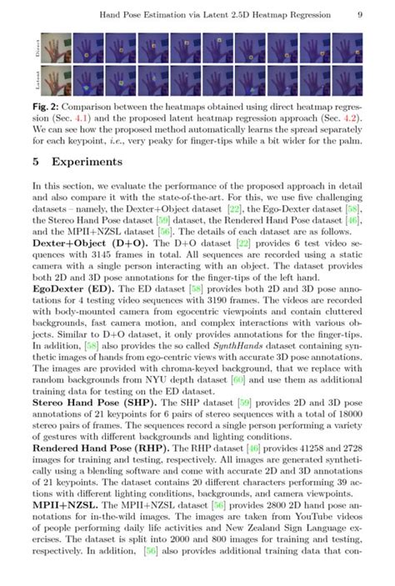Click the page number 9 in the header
(358, 15)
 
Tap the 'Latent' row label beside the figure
(37, 80)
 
